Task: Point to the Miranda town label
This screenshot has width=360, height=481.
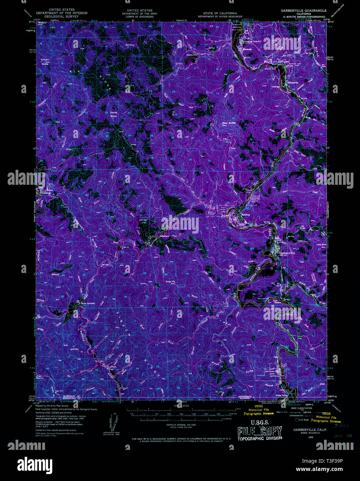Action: [x=247, y=49]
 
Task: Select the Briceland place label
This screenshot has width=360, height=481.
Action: [x=164, y=236]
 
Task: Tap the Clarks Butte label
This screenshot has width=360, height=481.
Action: [x=114, y=114]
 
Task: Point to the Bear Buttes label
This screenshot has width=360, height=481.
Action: [x=229, y=123]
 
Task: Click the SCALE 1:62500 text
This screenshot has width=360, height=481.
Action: [x=180, y=406]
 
